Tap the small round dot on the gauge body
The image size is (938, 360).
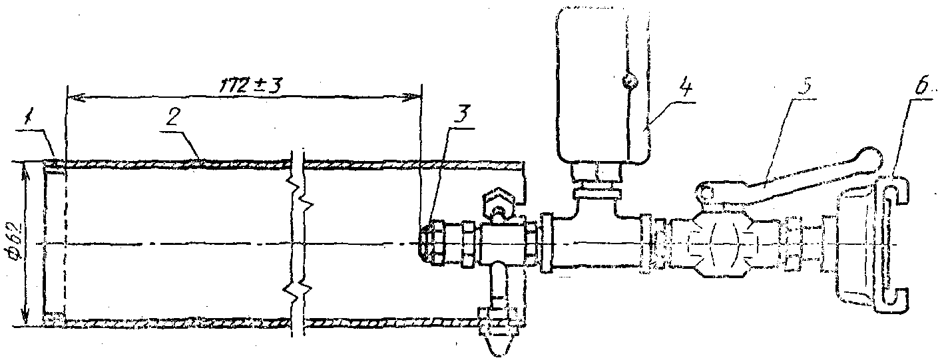[x=627, y=81]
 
